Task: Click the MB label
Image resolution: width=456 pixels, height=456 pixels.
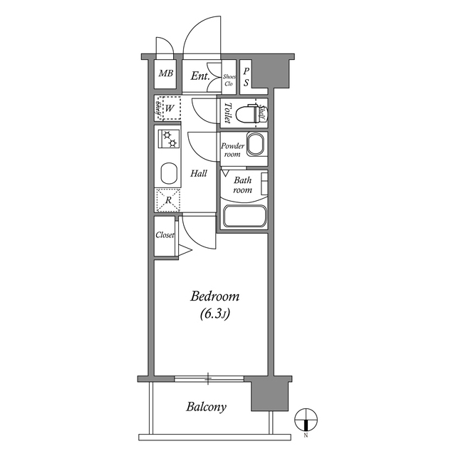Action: click(165, 73)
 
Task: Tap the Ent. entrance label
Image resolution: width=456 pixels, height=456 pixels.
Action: click(200, 75)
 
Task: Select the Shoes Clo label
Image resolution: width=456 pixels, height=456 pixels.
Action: click(229, 79)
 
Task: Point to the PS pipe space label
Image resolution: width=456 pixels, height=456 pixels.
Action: click(247, 77)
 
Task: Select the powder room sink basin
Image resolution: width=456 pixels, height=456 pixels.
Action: click(256, 145)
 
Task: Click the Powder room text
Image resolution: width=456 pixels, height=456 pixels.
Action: click(232, 150)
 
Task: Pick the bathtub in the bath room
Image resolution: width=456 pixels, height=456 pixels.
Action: click(244, 216)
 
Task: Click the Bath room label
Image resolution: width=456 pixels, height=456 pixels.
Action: click(243, 185)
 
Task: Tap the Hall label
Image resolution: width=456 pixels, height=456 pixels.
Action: click(199, 173)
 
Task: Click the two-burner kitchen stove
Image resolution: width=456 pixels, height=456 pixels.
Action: click(169, 140)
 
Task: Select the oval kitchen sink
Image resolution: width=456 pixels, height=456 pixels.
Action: click(169, 173)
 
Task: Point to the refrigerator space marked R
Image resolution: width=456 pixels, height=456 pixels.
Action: click(168, 200)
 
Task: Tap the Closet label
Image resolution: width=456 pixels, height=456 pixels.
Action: click(165, 234)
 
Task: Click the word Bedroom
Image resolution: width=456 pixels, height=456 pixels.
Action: click(214, 296)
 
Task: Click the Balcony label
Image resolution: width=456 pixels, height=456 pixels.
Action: click(207, 408)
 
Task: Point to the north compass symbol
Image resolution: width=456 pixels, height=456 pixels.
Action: click(305, 419)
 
